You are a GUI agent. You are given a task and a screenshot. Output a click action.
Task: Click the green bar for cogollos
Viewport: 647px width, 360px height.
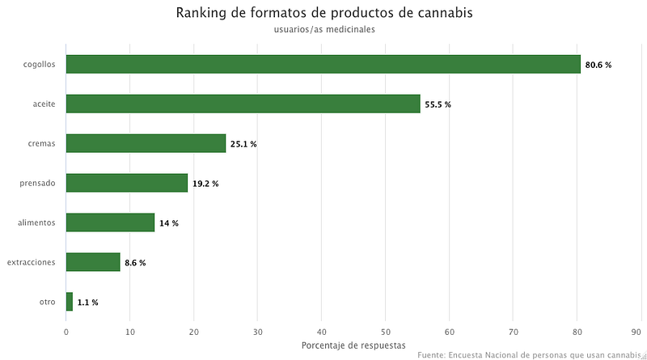323,64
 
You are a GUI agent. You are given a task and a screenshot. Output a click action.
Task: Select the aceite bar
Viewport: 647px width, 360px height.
243,104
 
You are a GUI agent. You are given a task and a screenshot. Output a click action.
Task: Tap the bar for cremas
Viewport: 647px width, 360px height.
146,143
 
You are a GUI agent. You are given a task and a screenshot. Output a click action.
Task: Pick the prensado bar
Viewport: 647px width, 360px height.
127,183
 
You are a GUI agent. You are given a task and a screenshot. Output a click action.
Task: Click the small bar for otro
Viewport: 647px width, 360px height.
70,302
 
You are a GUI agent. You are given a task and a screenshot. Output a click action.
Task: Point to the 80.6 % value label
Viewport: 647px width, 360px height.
598,65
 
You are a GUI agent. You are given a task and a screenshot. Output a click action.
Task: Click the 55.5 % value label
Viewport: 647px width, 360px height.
438,104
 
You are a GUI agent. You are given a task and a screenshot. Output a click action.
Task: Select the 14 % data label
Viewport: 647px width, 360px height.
169,223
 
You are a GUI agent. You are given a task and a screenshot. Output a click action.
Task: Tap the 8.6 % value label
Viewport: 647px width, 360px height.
135,263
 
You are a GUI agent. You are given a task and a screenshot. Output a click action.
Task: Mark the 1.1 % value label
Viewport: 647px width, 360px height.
88,303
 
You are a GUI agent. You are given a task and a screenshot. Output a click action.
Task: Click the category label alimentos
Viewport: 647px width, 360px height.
36,222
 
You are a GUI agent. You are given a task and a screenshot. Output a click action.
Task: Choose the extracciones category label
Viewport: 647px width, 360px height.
31,262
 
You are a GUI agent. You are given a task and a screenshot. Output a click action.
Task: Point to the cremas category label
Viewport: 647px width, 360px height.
42,144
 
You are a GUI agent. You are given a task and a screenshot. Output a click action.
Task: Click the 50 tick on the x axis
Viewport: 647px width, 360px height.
386,332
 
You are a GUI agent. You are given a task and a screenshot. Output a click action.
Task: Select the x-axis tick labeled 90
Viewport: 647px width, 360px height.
636,332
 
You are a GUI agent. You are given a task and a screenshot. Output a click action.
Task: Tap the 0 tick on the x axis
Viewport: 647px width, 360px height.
66,332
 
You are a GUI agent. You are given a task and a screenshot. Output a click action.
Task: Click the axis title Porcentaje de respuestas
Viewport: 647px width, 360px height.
353,345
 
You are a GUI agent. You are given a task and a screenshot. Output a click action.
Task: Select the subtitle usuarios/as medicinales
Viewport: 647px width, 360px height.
324,29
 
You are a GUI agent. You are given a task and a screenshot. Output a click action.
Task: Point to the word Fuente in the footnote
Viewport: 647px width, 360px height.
431,355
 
